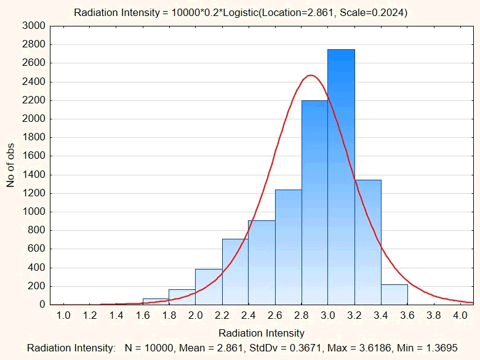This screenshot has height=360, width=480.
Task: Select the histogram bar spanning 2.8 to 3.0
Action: coord(314,203)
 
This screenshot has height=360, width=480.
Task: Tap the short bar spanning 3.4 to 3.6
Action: coord(394,295)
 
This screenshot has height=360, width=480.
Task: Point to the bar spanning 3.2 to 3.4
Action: coord(367,242)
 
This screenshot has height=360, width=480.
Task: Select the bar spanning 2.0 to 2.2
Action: coord(209,287)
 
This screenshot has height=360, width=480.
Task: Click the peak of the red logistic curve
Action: coord(311,76)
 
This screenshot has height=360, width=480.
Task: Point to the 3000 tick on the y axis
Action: coord(34,26)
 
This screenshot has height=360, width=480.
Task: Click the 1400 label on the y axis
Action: coord(34,175)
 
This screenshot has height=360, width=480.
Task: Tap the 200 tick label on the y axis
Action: coord(37,286)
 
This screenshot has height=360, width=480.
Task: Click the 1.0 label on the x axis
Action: coord(63,315)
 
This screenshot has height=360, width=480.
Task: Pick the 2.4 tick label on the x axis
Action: coord(248,315)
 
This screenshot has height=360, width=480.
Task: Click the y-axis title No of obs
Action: coord(10,165)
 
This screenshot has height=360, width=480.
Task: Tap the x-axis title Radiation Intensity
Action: coord(262,333)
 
